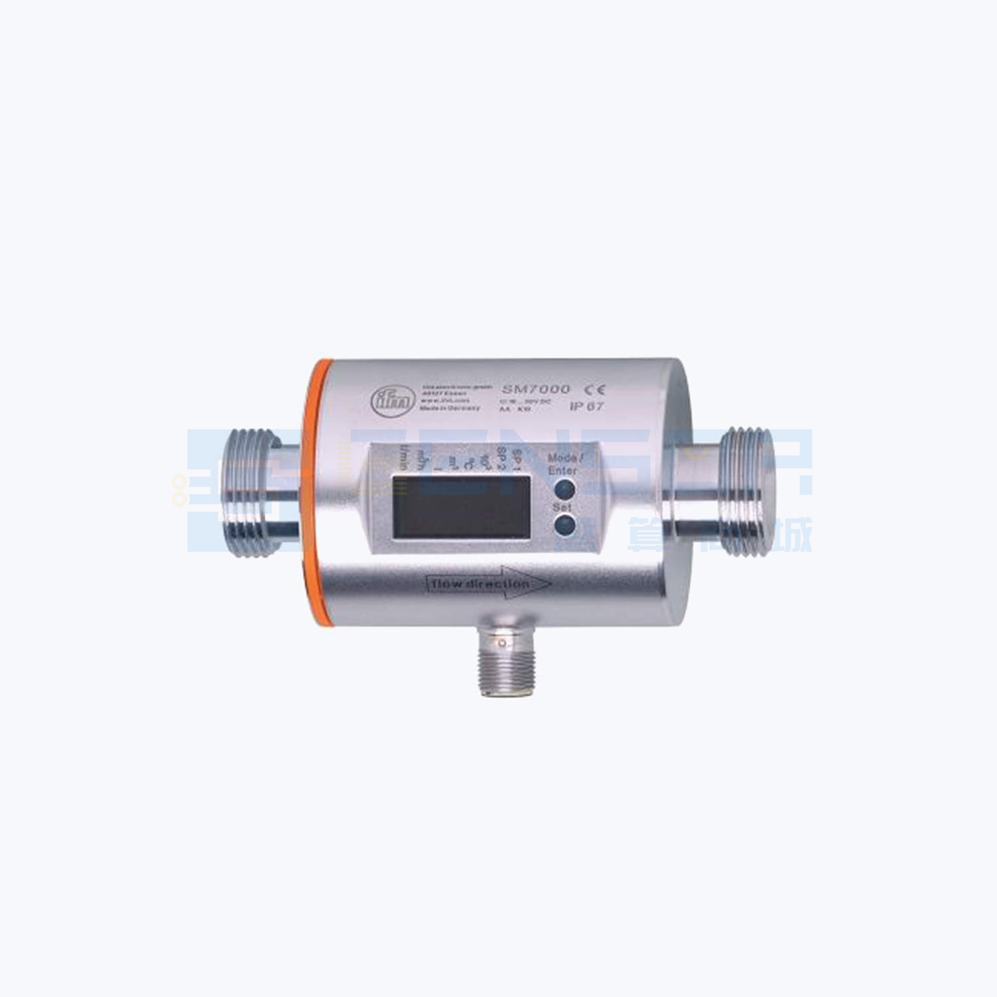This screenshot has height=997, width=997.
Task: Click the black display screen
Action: pyautogui.click(x=460, y=506)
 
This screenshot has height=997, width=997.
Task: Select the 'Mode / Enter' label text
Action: pyautogui.click(x=564, y=464)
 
